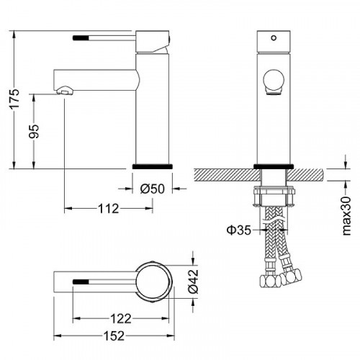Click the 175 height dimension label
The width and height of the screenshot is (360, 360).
coord(15,99)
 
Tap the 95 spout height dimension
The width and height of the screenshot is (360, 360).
coord(34,131)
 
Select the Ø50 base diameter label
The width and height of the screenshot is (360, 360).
coord(153,189)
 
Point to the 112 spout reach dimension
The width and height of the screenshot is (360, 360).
coord(109,209)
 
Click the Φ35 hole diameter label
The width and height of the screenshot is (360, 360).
coord(239,230)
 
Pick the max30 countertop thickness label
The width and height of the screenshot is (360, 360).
coord(346,215)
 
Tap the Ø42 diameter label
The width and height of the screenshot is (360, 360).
coord(194,282)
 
